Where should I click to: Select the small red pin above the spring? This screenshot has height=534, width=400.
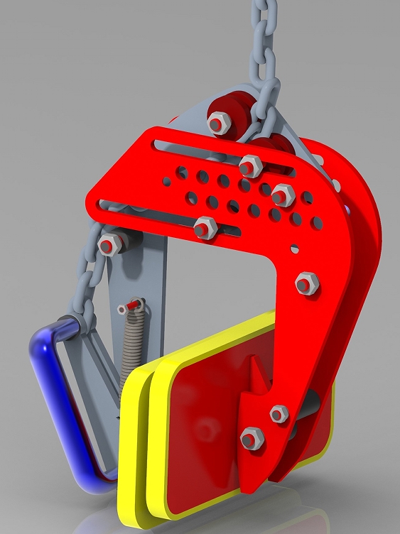tap(129, 307)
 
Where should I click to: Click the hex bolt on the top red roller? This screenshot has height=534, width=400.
tap(219, 122)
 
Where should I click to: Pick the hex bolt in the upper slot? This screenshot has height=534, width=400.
tap(250, 166)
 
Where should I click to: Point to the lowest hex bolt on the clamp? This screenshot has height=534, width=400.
tap(252, 437)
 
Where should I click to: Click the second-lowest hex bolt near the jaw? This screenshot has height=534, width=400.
tap(279, 413)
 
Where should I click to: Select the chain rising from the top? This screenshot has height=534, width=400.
tap(263, 43)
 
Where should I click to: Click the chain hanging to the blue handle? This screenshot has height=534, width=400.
tap(89, 284)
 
